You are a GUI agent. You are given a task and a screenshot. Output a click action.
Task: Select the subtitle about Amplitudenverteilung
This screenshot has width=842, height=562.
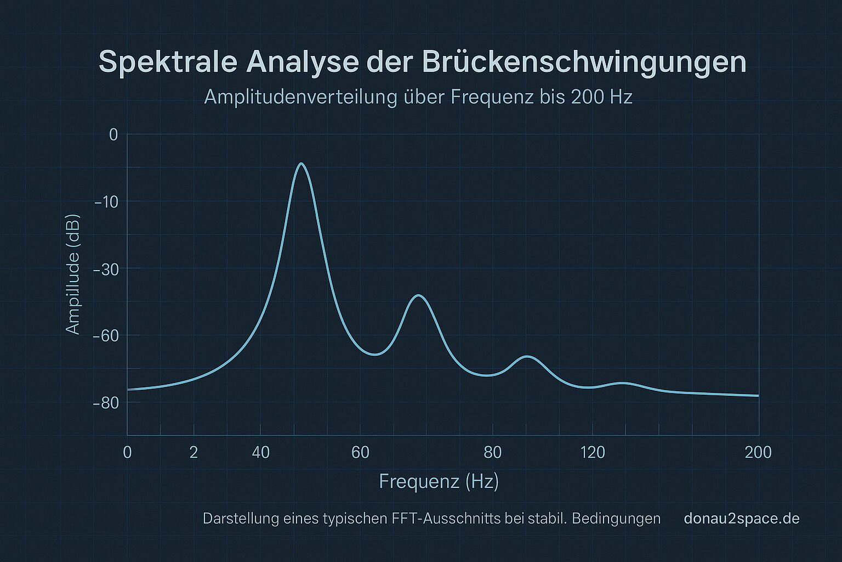pyautogui.click(x=418, y=97)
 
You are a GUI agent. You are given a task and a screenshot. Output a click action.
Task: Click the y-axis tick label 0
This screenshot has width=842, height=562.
pyautogui.click(x=113, y=134)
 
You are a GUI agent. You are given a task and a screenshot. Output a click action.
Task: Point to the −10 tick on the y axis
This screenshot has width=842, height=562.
pyautogui.click(x=106, y=202)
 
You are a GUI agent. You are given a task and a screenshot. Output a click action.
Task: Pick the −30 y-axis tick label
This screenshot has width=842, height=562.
pyautogui.click(x=106, y=269)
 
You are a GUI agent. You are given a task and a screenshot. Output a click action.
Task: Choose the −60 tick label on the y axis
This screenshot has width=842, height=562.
pyautogui.click(x=106, y=335)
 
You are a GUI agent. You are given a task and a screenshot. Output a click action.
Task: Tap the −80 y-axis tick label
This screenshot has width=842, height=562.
pyautogui.click(x=106, y=403)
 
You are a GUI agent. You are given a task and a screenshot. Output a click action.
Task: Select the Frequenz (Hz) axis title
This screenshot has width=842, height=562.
pyautogui.click(x=439, y=481)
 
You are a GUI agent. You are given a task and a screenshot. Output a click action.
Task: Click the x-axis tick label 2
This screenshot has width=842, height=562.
pyautogui.click(x=194, y=453)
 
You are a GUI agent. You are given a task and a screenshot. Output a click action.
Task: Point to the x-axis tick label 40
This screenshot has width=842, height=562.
pyautogui.click(x=261, y=453)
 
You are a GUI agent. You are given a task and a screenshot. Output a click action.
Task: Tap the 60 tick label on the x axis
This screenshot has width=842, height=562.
pyautogui.click(x=360, y=453)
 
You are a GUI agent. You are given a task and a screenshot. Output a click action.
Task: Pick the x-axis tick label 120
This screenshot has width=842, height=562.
pyautogui.click(x=593, y=453)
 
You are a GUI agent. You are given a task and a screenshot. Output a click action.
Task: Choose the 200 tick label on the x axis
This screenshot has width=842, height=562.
pyautogui.click(x=759, y=453)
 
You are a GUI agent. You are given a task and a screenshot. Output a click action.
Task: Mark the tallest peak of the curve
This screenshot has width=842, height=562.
pyautogui.click(x=301, y=164)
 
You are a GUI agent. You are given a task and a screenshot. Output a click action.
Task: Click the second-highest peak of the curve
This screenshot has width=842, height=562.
pyautogui.click(x=419, y=295)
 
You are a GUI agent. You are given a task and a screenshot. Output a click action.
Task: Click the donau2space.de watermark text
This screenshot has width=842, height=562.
pyautogui.click(x=742, y=519)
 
